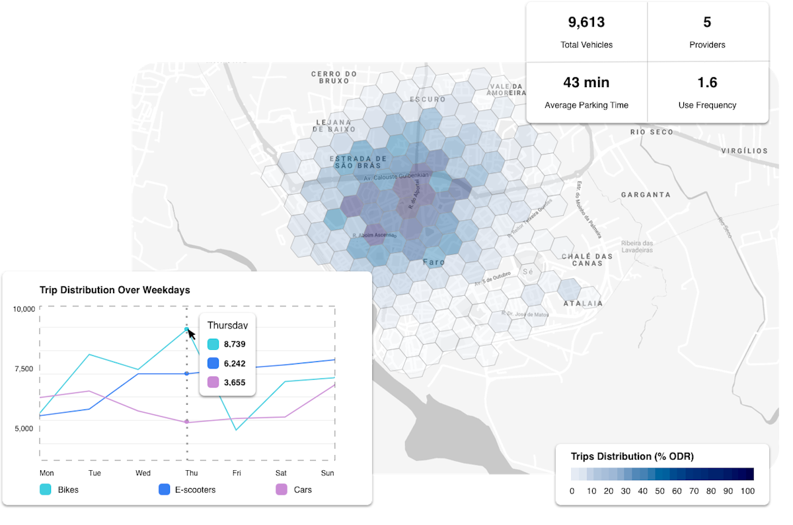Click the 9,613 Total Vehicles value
pos(586,22)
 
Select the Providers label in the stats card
pos(707,45)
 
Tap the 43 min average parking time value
pos(586,83)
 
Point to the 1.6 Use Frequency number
pos(707,83)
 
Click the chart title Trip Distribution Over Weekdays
pos(115,290)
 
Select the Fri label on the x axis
pos(237,473)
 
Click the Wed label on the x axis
pos(143,473)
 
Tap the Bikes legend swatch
pos(46,489)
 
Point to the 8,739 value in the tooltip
pos(235,344)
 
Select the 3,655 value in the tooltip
pos(235,382)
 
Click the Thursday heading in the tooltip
pos(227,325)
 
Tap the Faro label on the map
pos(434,262)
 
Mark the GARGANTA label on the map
pos(646,195)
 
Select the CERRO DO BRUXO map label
pos(334,78)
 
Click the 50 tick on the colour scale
pos(660,491)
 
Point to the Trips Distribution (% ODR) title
pos(632,456)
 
